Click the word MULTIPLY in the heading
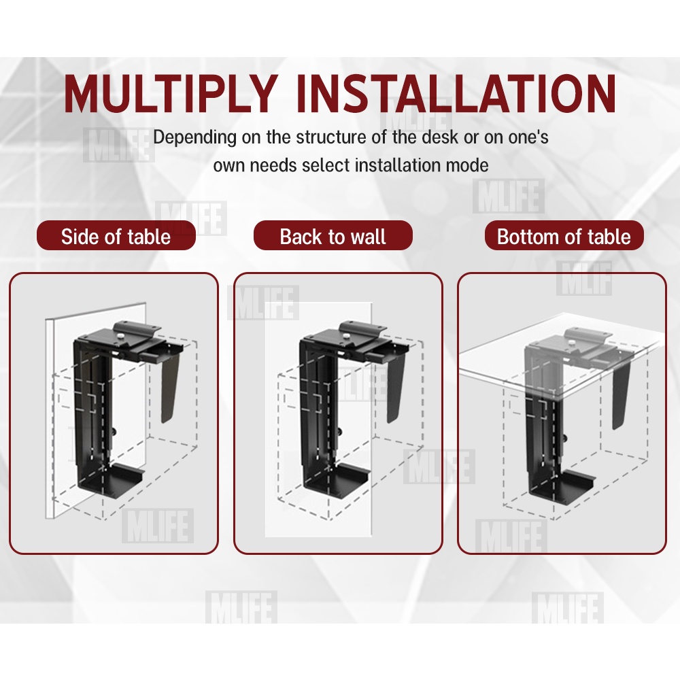[171, 93]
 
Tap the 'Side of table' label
[116, 237]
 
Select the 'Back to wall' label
[333, 237]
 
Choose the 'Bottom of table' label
[564, 237]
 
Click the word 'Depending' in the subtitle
[194, 137]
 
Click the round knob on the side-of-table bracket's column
[114, 432]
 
